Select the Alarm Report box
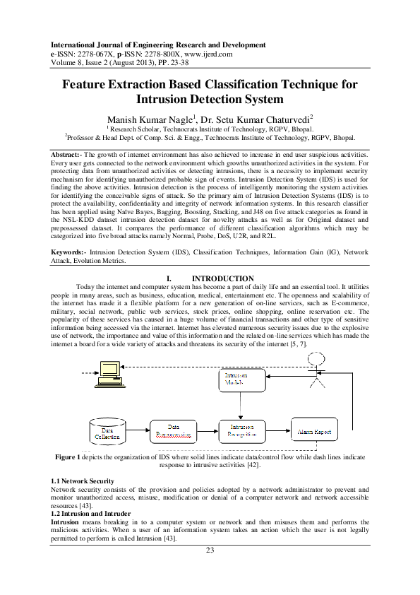pyautogui.click(x=314, y=429)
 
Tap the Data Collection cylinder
pyautogui.click(x=108, y=431)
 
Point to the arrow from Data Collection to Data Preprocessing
pyautogui.click(x=139, y=430)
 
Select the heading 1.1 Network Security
pyautogui.click(x=83, y=480)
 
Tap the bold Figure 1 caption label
pyautogui.click(x=68, y=457)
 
